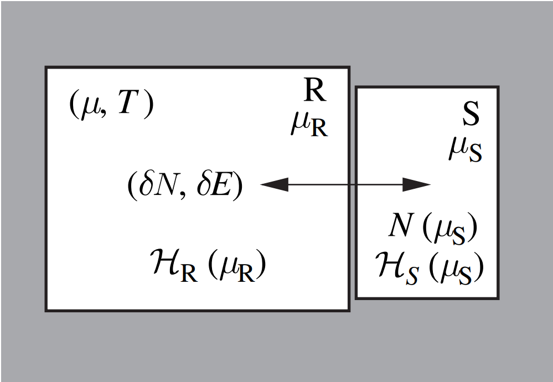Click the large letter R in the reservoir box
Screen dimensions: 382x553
[315, 91]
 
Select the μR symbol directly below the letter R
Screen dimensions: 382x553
[309, 126]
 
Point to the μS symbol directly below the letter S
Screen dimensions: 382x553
[465, 150]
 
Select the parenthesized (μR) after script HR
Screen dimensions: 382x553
[237, 269]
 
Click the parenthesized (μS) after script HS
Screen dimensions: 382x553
[457, 269]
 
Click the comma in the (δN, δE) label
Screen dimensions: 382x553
[180, 194]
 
